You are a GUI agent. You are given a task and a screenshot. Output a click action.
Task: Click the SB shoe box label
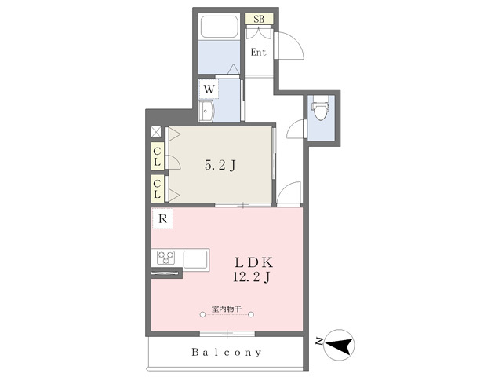259,19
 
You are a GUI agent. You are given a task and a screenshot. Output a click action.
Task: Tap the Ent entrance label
258,53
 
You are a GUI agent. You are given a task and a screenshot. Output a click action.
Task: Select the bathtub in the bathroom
219,27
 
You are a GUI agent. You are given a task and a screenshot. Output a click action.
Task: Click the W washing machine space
209,89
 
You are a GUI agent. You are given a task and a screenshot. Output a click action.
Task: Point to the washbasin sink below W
206,111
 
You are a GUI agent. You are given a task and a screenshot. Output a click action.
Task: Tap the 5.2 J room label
220,166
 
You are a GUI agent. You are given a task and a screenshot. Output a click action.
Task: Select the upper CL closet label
157,156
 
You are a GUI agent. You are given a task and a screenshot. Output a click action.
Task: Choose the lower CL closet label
157,188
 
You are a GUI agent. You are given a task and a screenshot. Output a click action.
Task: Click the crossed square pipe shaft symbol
156,132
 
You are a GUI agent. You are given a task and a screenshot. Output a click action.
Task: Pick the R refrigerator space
162,218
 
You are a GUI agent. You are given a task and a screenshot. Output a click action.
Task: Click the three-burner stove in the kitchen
166,258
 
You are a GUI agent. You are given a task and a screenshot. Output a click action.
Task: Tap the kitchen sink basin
195,259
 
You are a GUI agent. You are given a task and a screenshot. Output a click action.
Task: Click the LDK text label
253,262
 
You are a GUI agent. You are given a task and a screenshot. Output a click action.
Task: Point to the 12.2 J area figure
252,277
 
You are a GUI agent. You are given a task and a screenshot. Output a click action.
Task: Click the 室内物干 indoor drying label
227,309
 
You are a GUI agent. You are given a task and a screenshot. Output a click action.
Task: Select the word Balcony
227,353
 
